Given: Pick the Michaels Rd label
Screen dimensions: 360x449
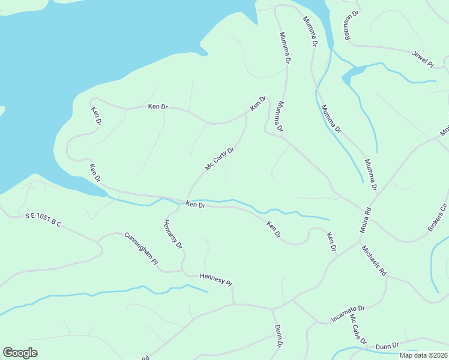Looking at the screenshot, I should [x=374, y=260].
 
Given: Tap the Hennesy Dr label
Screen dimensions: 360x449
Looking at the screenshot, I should [x=172, y=234].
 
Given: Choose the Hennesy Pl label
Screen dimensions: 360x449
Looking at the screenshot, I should [x=215, y=279].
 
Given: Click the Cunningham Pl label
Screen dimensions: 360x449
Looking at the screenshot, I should [x=141, y=250].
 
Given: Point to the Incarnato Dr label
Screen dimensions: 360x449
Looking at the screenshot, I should [x=348, y=313].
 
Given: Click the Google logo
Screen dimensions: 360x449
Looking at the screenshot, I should [x=20, y=353].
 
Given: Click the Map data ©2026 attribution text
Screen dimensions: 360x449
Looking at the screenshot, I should [x=423, y=355].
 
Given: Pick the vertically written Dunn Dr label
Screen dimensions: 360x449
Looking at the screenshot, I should [x=279, y=336].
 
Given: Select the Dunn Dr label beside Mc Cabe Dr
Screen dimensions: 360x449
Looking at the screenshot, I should [x=387, y=346].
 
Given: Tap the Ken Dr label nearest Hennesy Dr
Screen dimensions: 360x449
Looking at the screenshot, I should [x=196, y=205].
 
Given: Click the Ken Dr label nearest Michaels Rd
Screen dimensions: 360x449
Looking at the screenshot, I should [x=331, y=241].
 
